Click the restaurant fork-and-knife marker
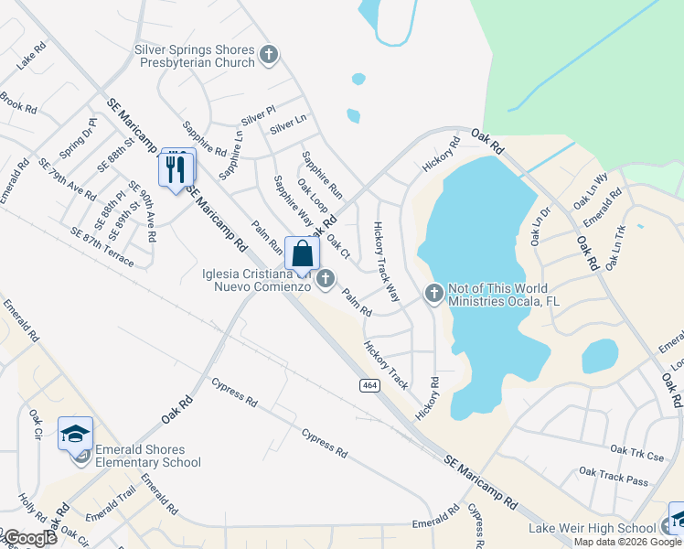(176, 168)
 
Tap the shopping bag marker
(303, 254)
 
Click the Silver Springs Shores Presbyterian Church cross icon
(269, 55)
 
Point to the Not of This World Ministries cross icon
(434, 294)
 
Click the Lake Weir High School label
(592, 528)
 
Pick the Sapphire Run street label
(322, 175)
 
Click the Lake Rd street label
(31, 56)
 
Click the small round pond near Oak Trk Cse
(599, 356)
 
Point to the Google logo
(29, 538)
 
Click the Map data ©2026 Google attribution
(628, 542)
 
